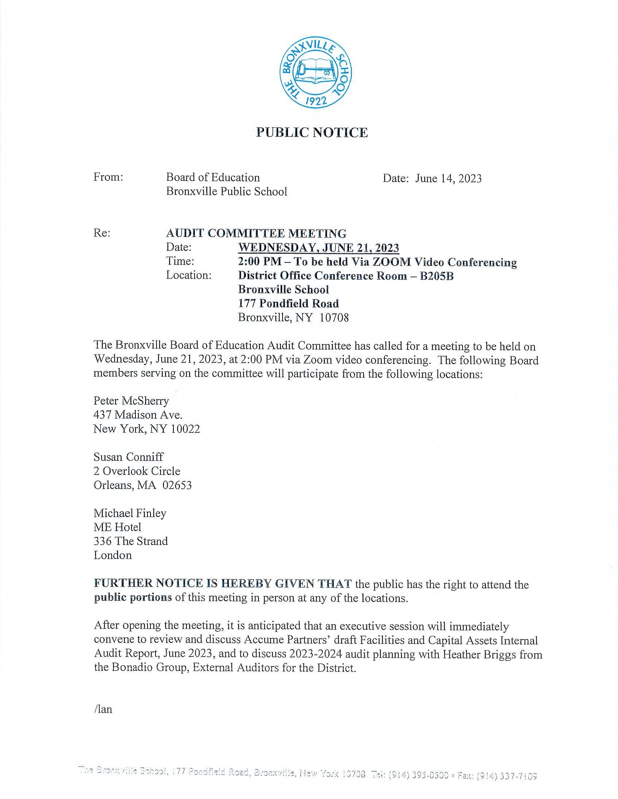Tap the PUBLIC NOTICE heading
312,132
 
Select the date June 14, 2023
448,179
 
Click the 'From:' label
108,178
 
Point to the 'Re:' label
102,233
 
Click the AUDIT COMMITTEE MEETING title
256,233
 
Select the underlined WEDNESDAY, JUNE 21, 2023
318,248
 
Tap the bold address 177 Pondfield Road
288,304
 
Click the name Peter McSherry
131,401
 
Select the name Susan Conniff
128,457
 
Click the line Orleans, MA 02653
142,485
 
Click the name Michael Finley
130,513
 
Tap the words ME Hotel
117,527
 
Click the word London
112,556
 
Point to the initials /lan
103,709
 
